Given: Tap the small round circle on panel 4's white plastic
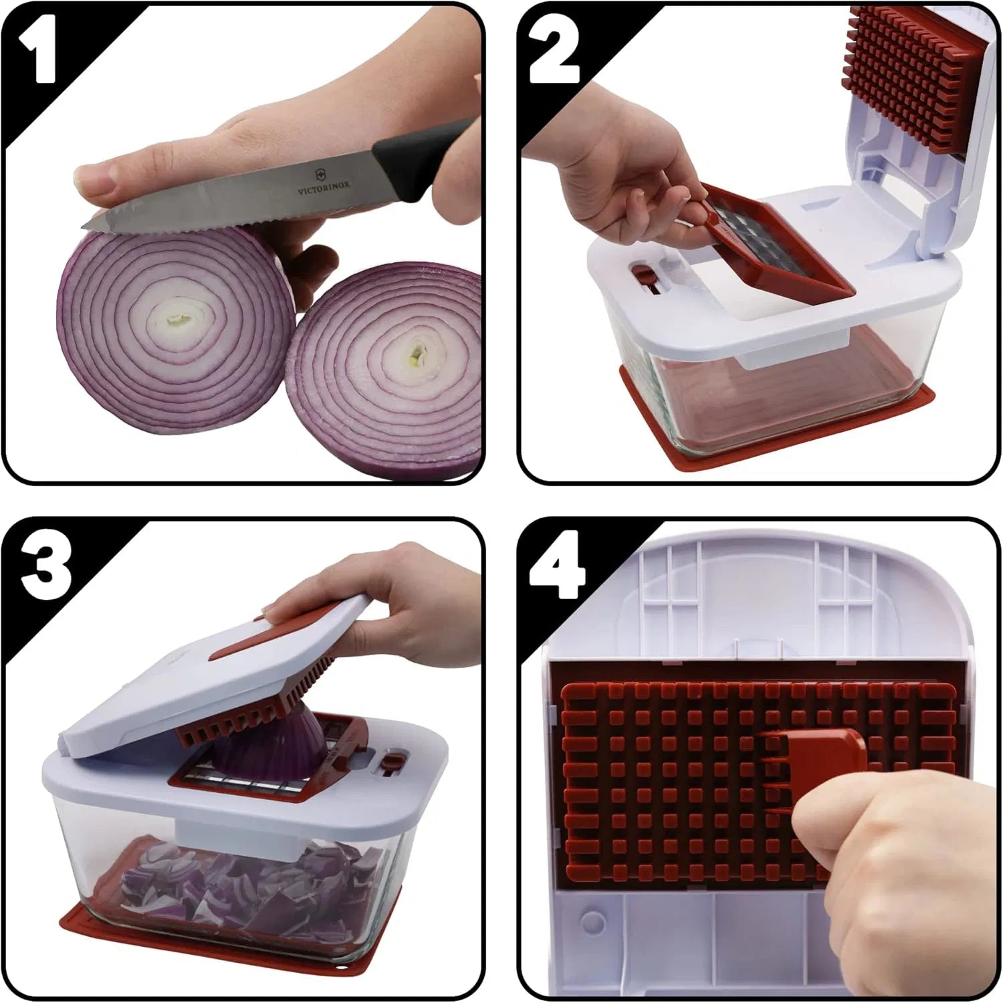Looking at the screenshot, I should [594, 921].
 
